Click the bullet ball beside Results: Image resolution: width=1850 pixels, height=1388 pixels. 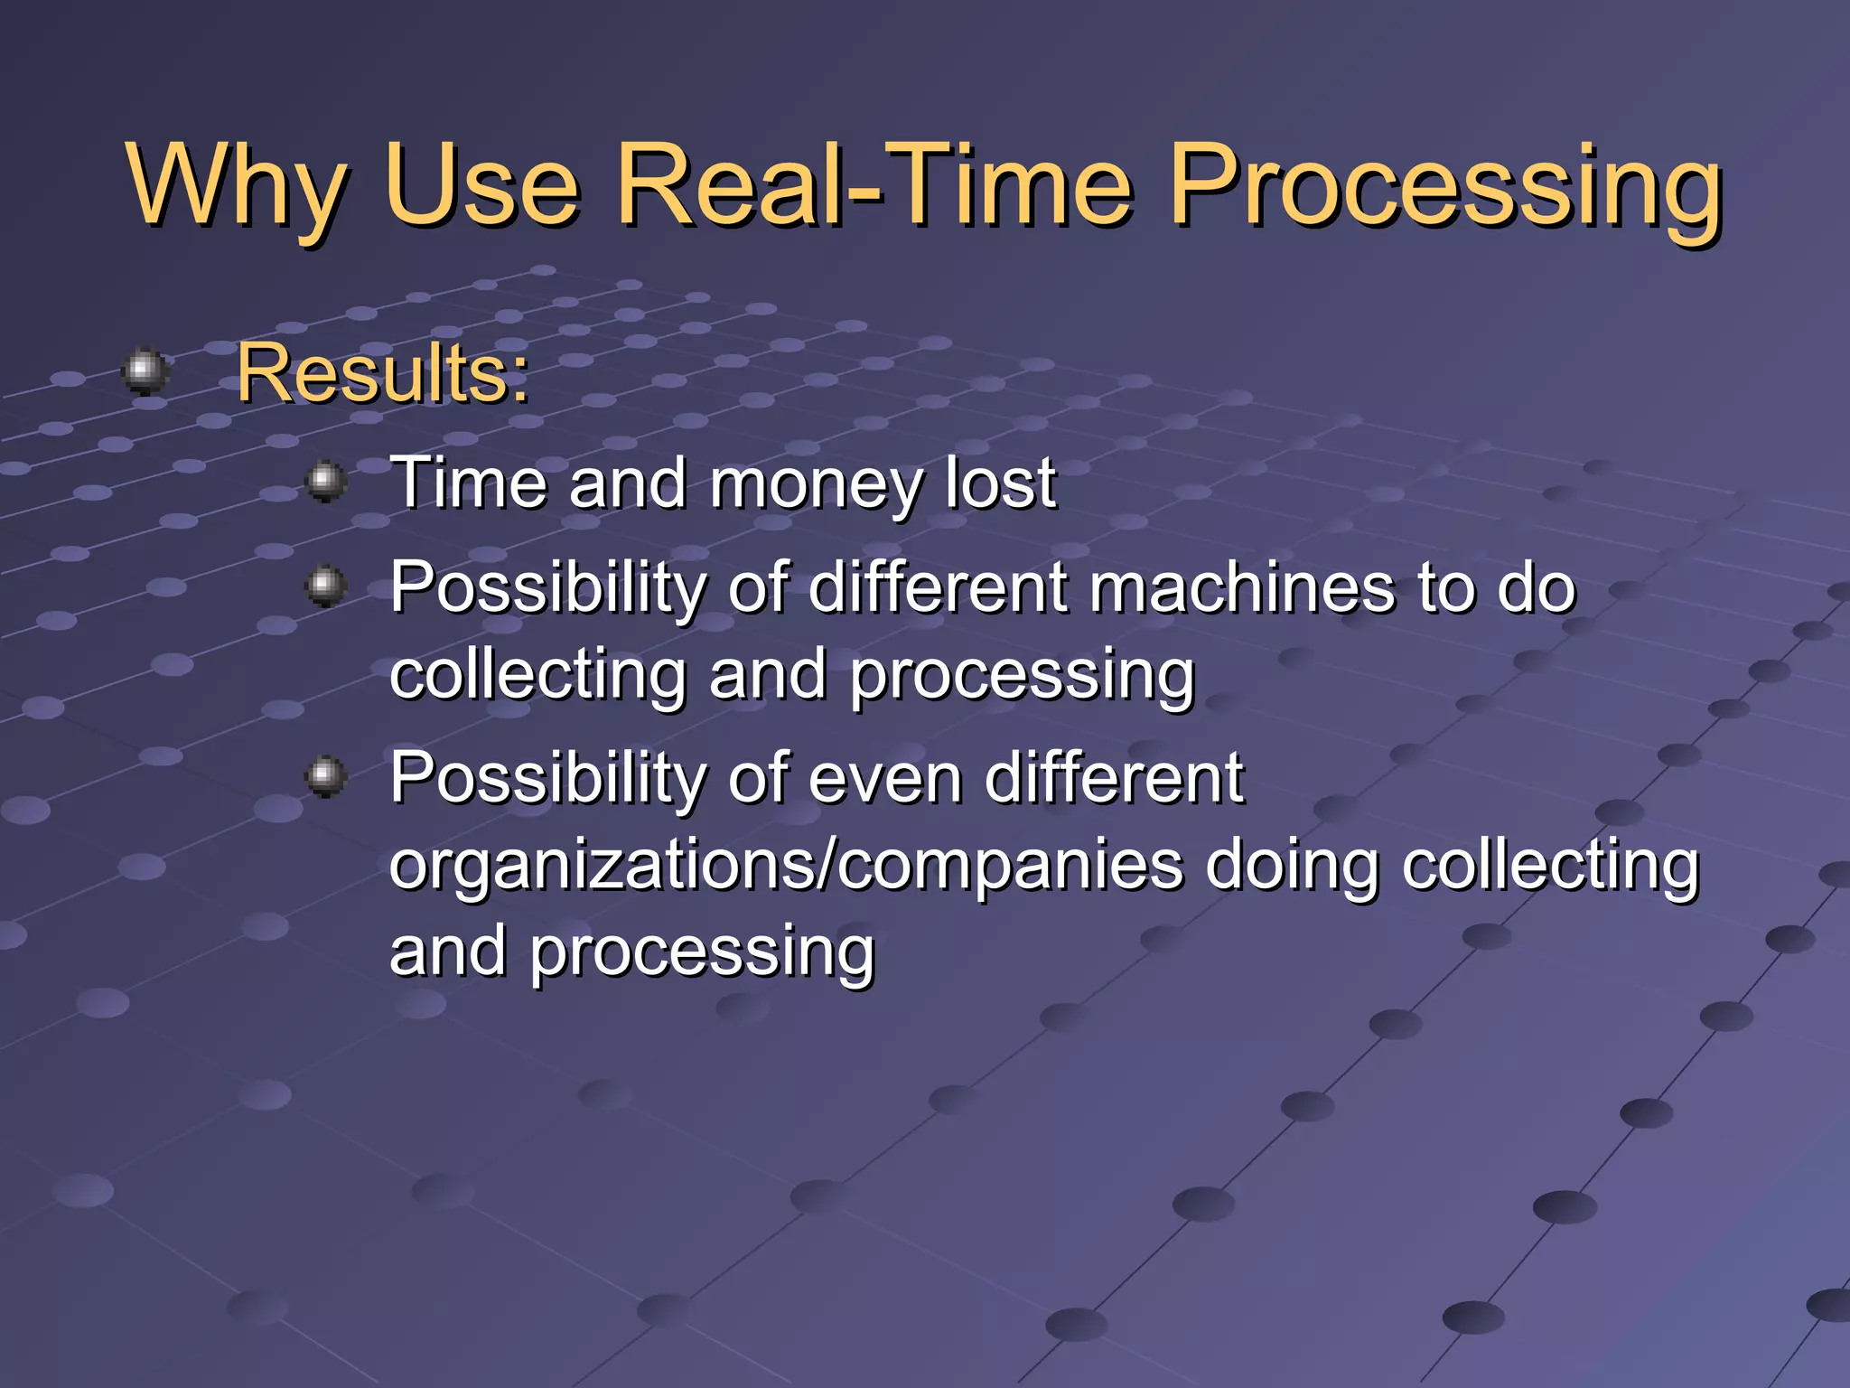[145, 370]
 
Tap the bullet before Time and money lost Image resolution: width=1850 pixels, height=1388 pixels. [326, 482]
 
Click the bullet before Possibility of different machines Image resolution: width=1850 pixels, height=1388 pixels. [326, 586]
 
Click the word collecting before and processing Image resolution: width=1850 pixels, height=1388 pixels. [538, 675]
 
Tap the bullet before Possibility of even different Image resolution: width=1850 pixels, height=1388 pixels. [326, 776]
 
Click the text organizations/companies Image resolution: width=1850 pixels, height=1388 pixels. [786, 865]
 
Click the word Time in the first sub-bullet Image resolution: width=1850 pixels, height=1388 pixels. [468, 483]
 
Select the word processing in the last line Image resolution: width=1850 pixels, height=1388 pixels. [702, 952]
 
